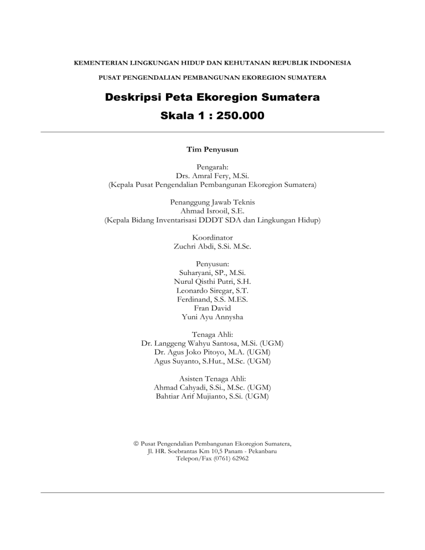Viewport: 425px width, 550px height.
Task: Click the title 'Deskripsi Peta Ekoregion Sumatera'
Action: [x=212, y=98]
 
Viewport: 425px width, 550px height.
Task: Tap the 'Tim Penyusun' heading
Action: [x=212, y=148]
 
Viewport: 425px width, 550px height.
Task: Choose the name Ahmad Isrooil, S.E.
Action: [x=212, y=211]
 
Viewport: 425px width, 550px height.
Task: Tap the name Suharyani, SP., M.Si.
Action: [x=212, y=273]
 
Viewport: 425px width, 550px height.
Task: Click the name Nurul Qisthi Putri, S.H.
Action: [x=212, y=282]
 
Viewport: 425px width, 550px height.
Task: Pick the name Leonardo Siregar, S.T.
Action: [x=212, y=290]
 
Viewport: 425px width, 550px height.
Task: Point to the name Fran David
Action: [x=212, y=308]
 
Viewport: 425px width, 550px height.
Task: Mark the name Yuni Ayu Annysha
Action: [x=212, y=317]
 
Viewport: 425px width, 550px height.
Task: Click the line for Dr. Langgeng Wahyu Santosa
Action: [x=212, y=344]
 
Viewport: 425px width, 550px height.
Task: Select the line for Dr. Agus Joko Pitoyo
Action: [x=212, y=352]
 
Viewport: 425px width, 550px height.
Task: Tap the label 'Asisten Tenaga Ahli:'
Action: [x=212, y=379]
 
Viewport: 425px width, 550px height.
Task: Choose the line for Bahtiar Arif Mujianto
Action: [x=212, y=397]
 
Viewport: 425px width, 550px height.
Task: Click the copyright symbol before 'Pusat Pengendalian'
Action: [x=136, y=444]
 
